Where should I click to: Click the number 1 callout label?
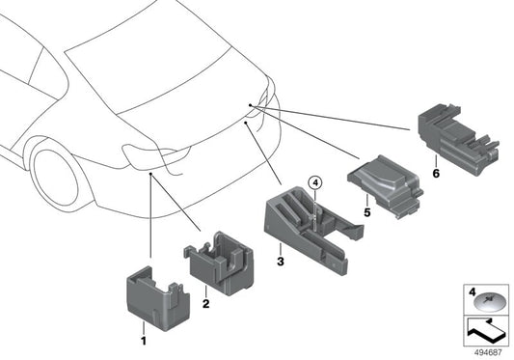[144, 341]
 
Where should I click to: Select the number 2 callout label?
[205, 304]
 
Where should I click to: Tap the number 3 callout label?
[281, 262]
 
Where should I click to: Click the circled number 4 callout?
[315, 182]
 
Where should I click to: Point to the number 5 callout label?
[367, 212]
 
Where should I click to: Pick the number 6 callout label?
[436, 173]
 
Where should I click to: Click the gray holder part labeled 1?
[158, 298]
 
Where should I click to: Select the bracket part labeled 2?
[219, 263]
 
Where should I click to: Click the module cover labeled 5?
[385, 185]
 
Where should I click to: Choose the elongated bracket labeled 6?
[458, 138]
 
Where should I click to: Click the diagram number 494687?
[488, 353]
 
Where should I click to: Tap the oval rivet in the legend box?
[488, 302]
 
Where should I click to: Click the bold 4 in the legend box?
[472, 292]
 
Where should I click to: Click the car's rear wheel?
[56, 178]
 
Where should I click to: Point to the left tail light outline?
[155, 157]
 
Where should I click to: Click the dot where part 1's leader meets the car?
[150, 174]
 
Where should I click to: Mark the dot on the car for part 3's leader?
[246, 122]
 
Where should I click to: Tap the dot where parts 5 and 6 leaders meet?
[250, 105]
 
